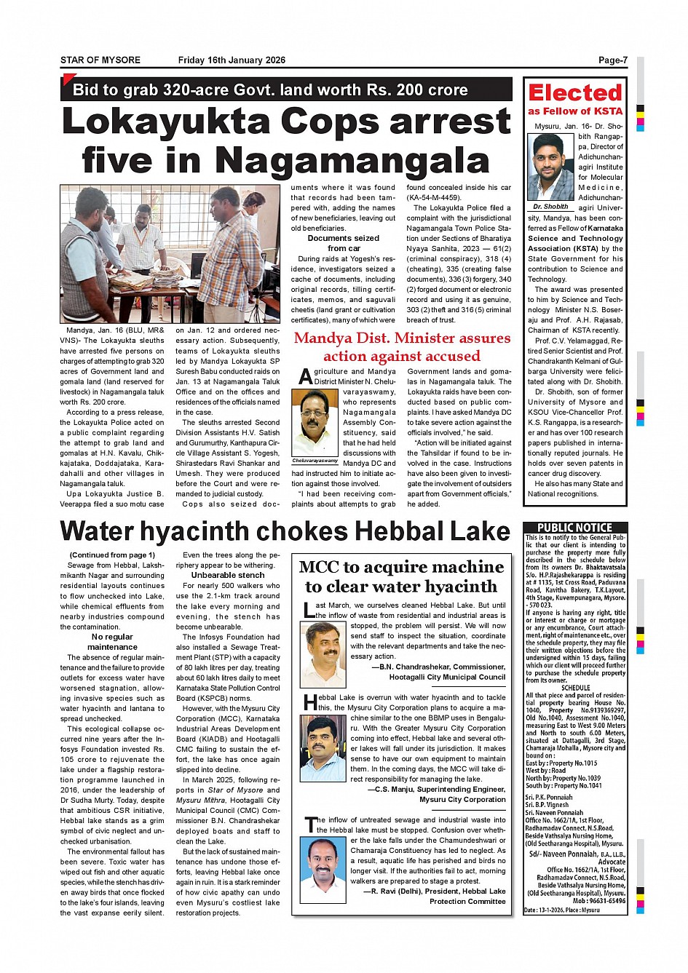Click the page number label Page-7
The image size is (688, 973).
click(612, 60)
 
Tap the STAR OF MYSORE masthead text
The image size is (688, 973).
click(100, 60)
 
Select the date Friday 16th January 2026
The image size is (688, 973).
click(232, 60)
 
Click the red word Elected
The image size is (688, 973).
click(575, 93)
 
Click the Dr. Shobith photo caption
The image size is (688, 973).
click(551, 207)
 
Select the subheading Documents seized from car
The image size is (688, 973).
click(344, 243)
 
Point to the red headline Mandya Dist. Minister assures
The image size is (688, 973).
click(402, 338)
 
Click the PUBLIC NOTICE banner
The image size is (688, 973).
click(574, 528)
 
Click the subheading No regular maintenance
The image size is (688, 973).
click(112, 641)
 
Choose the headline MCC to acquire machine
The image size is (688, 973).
click(401, 567)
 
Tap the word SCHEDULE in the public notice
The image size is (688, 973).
click(575, 687)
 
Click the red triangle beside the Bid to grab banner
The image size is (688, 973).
click(68, 79)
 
